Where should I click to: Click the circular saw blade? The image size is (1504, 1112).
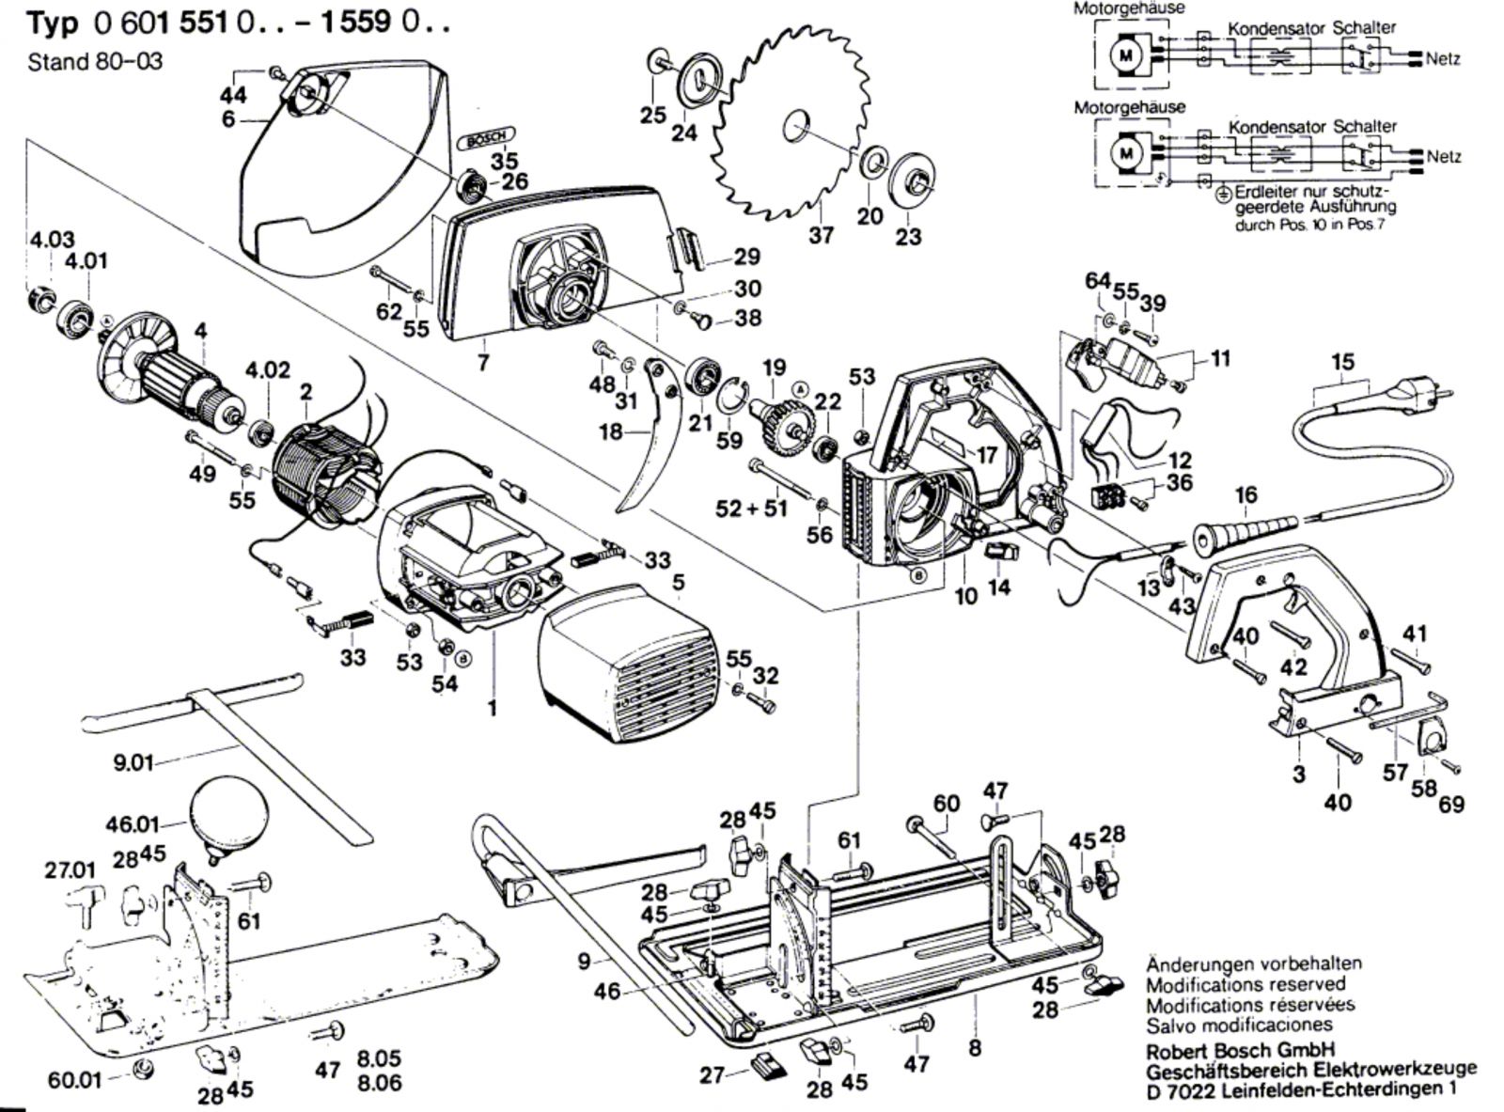tap(790, 132)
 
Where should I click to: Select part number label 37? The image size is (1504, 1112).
tap(822, 233)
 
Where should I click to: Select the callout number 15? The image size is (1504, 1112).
tap(1343, 362)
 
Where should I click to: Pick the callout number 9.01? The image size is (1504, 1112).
tap(133, 762)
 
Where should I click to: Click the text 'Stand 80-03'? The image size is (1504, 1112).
tap(95, 62)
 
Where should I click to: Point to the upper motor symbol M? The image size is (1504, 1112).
tap(1126, 55)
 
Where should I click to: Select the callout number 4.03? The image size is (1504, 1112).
tap(52, 240)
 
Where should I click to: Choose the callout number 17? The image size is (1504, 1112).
tap(986, 456)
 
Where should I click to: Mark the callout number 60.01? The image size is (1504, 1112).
tap(74, 1080)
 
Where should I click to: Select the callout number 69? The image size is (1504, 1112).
tap(1452, 805)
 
